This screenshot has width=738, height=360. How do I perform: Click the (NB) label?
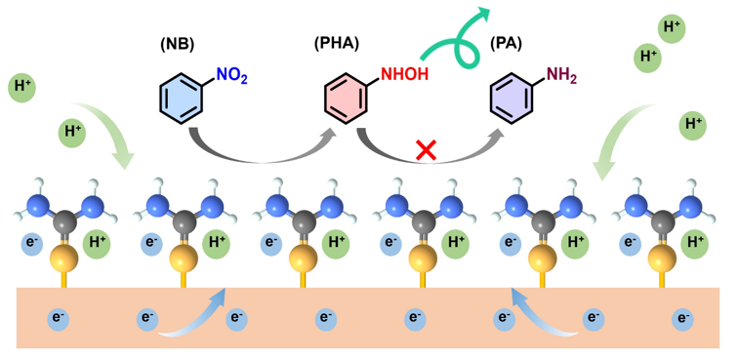[x=178, y=45]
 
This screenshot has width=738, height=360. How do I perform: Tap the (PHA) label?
[x=337, y=45]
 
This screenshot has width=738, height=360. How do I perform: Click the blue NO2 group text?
[x=231, y=75]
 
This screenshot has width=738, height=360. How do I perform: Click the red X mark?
[x=427, y=149]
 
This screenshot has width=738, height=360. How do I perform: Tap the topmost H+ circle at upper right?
[x=672, y=28]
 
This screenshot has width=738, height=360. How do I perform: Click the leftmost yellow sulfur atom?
[x=64, y=259]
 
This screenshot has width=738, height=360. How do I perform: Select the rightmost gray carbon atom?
[x=665, y=220]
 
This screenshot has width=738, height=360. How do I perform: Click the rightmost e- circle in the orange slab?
[x=681, y=319]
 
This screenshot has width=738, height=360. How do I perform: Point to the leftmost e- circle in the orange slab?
[x=58, y=319]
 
